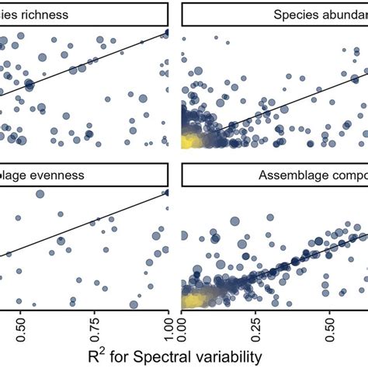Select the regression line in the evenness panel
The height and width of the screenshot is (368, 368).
click(85, 224)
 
